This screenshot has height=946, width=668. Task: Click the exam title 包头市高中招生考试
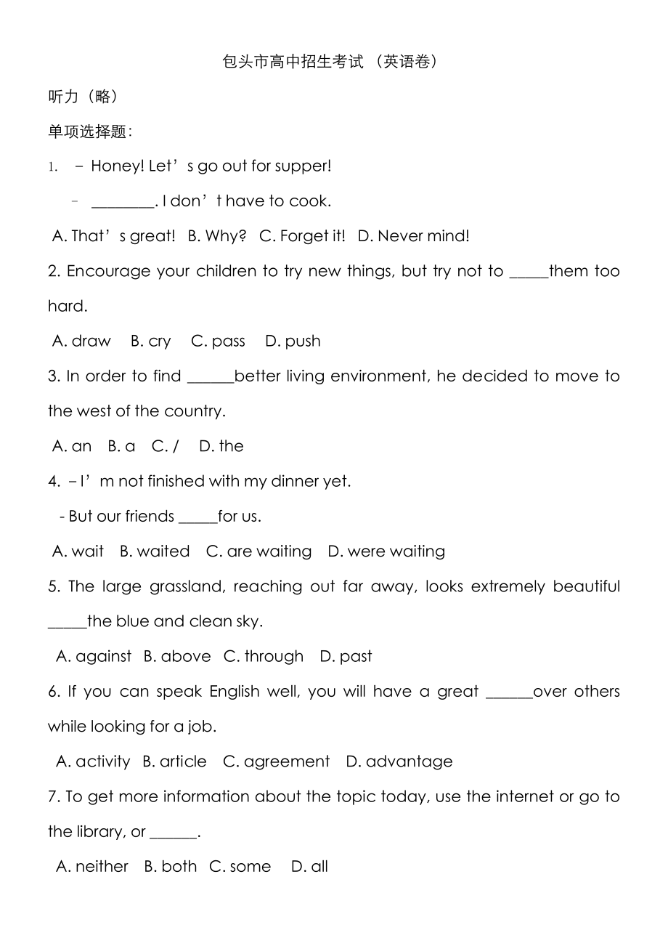(x=293, y=62)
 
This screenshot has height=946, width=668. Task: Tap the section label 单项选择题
(x=89, y=132)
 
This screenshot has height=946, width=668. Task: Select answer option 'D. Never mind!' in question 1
(x=413, y=236)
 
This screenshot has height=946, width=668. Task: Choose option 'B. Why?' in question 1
(x=217, y=236)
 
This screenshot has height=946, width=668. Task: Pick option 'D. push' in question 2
(x=293, y=341)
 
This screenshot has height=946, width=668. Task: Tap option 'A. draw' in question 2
(x=82, y=341)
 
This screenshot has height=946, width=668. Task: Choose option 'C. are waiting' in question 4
(x=259, y=551)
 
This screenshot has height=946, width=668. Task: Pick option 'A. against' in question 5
(x=94, y=657)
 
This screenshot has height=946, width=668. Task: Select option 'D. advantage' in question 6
(x=399, y=761)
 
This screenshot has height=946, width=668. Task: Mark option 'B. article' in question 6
(x=174, y=761)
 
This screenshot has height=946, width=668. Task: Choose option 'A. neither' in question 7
(x=92, y=867)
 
